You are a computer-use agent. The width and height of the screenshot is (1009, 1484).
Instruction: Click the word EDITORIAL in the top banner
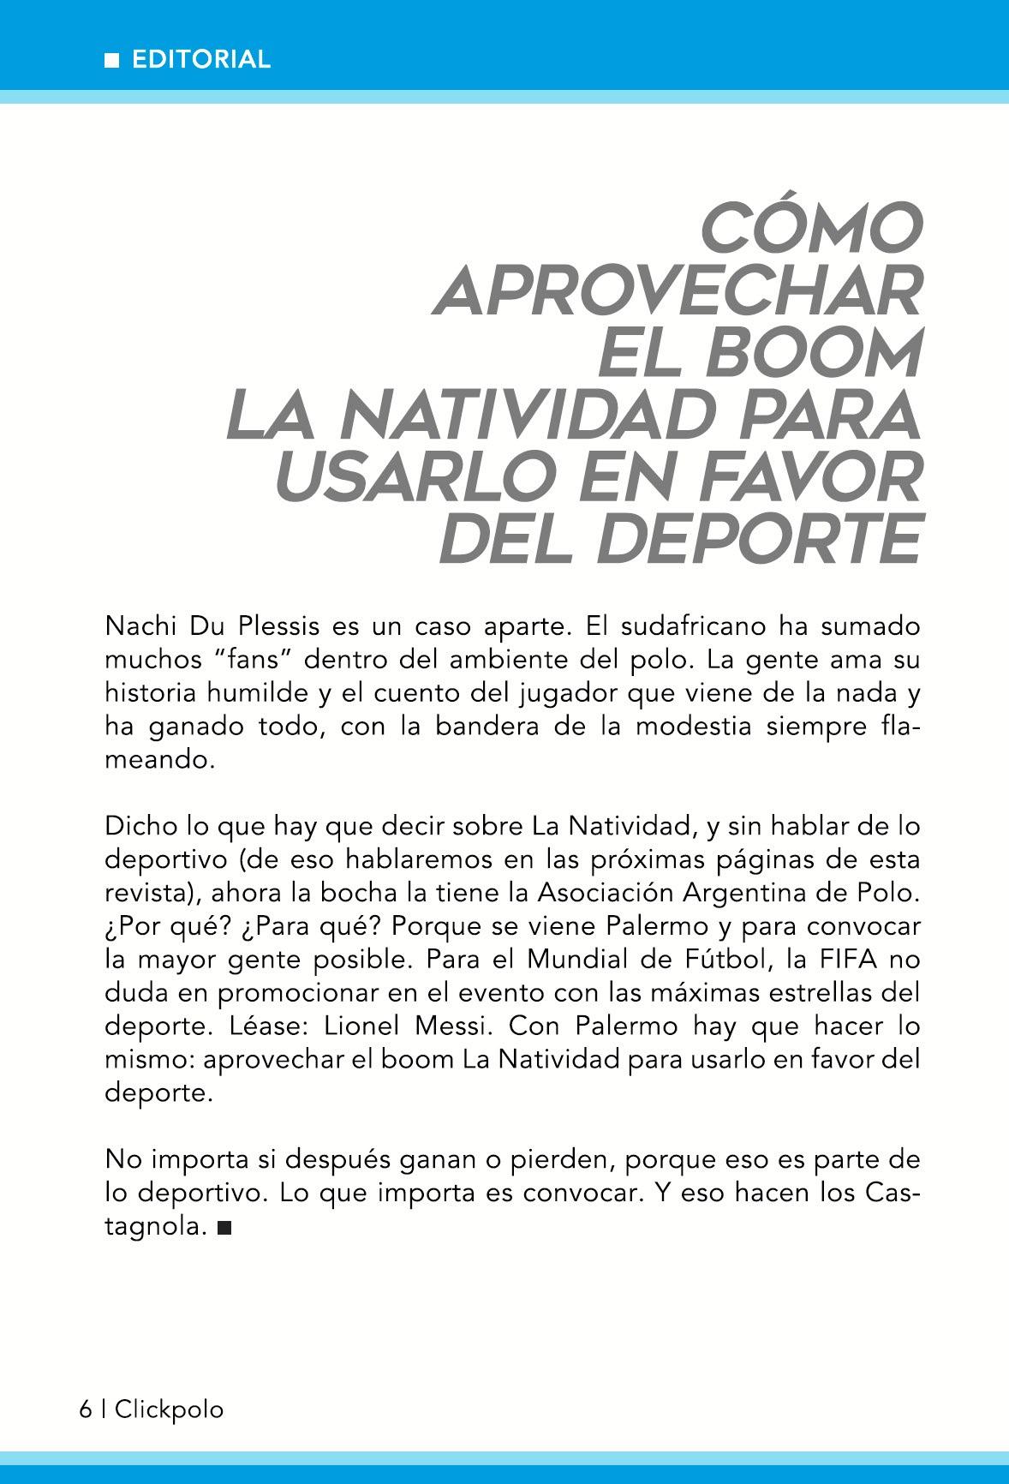[201, 59]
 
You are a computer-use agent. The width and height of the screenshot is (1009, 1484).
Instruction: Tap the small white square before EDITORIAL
[111, 60]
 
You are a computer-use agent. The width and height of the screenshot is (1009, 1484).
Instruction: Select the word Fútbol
[728, 960]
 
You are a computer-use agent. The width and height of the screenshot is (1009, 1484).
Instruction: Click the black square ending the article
[224, 1229]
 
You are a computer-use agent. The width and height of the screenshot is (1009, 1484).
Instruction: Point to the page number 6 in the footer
[85, 1409]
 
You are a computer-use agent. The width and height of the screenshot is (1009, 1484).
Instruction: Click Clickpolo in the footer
[169, 1409]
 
